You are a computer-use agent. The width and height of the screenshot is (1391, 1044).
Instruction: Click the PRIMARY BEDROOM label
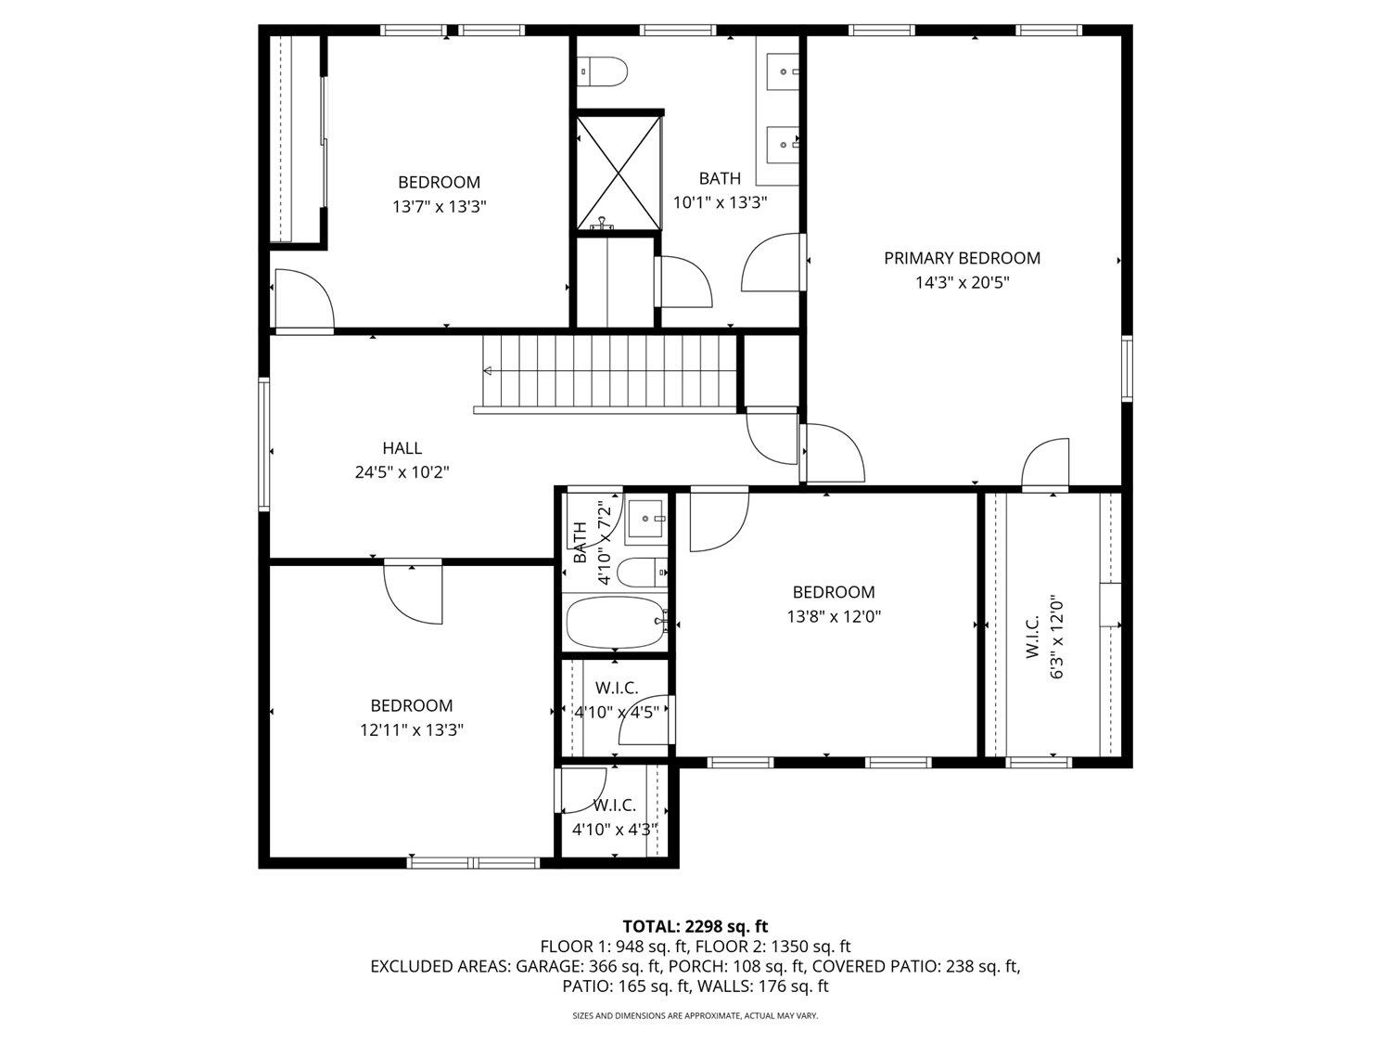(x=962, y=258)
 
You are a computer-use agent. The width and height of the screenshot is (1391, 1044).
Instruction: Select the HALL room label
(x=402, y=448)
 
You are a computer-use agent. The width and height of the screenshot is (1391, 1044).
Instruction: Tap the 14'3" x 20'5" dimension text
(x=962, y=282)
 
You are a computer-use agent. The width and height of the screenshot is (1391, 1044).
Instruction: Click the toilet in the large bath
(x=602, y=71)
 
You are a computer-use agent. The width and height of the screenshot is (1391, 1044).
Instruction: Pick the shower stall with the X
(x=619, y=173)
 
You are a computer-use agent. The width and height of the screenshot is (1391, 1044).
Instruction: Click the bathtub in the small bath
(x=615, y=622)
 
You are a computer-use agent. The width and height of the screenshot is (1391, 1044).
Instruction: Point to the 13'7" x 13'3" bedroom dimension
(x=439, y=206)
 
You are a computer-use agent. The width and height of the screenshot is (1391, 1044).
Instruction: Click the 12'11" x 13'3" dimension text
(x=412, y=730)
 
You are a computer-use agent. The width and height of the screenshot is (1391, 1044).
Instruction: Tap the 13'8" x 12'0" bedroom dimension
(x=833, y=616)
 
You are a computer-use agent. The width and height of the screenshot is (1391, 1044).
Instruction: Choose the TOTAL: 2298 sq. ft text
(x=695, y=926)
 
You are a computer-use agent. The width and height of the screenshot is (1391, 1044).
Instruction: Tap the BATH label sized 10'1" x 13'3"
(x=720, y=178)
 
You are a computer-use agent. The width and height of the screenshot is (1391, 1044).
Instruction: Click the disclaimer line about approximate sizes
(x=695, y=1016)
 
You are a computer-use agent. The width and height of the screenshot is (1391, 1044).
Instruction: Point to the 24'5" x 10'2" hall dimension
(x=402, y=472)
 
